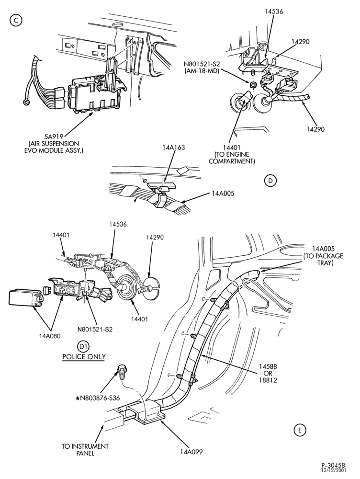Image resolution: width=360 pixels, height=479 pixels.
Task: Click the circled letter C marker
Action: click(16, 20)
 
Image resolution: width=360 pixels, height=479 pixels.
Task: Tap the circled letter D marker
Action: click(270, 181)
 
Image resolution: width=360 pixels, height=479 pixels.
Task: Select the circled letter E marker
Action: click(300, 430)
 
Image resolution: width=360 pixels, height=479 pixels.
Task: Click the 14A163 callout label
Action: click(173, 148)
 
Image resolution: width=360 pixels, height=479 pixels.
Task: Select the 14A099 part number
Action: click(191, 452)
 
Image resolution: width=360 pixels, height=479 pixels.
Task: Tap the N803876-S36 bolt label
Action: click(97, 398)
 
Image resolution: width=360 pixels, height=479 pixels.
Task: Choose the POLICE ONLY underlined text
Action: click(84, 357)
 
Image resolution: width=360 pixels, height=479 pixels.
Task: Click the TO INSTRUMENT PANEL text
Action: click(85, 450)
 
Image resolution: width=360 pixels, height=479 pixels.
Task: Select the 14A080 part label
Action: click(50, 336)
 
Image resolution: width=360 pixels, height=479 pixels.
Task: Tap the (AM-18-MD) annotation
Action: click(202, 70)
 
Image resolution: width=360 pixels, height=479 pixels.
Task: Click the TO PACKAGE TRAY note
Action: click(323, 256)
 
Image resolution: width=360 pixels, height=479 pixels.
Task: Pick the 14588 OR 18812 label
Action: click(268, 373)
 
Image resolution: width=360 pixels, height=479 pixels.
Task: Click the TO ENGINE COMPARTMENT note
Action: click(231, 158)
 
